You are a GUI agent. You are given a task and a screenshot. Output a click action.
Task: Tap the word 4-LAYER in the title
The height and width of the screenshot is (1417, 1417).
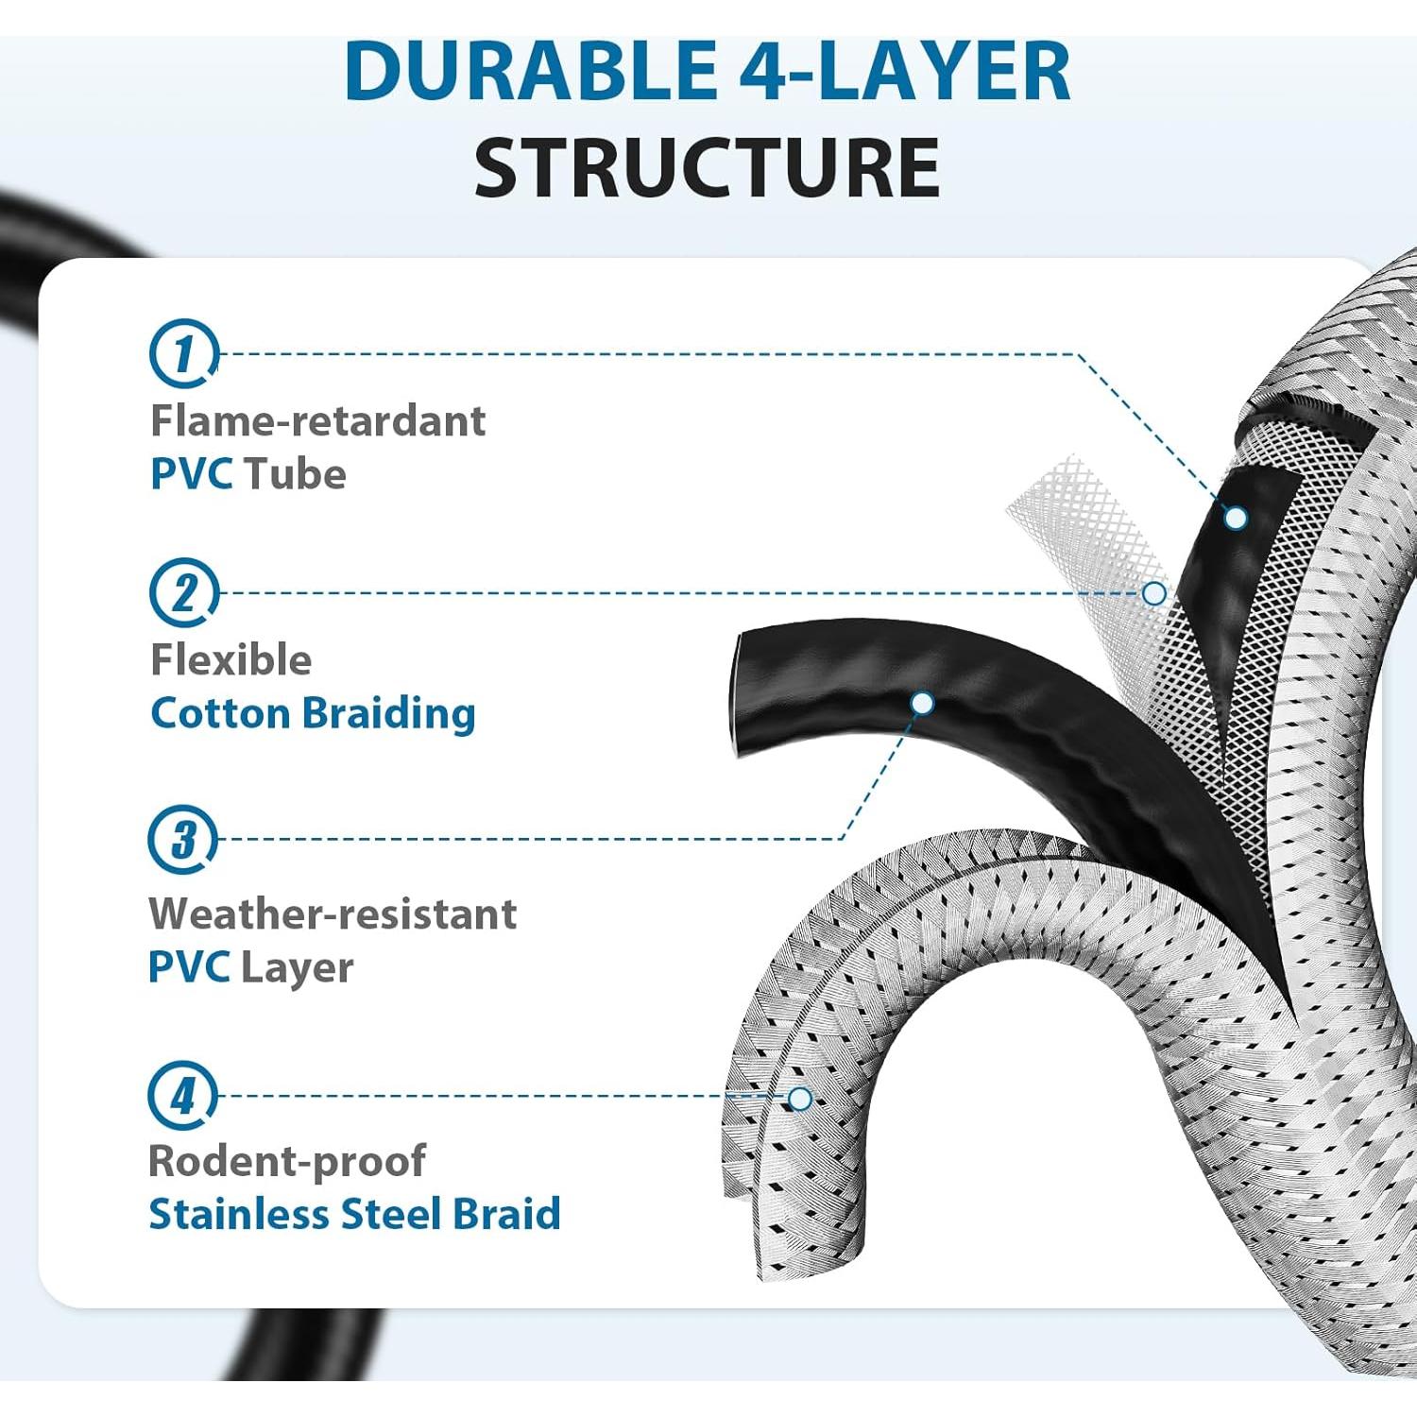[x=904, y=71]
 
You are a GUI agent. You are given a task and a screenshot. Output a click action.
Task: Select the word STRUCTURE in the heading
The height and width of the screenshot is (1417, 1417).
[x=707, y=167]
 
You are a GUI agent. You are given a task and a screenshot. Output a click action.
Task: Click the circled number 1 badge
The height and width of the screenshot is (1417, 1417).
[x=183, y=353]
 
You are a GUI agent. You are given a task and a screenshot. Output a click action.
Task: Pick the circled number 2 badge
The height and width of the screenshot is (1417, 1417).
[x=183, y=592]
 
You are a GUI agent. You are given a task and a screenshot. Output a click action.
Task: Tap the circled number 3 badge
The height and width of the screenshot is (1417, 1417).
[x=182, y=839]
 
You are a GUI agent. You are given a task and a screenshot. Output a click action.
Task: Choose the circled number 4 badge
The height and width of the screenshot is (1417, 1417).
[x=182, y=1096]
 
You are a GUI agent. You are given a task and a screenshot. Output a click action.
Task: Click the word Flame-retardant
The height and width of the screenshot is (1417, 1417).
[x=317, y=421]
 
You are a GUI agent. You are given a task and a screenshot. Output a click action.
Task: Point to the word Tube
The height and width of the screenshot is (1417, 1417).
[x=295, y=474]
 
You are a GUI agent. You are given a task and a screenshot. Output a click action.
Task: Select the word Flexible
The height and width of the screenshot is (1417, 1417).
[x=230, y=660]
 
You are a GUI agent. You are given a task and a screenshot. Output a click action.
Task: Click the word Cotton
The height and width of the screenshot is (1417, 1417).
[x=220, y=713]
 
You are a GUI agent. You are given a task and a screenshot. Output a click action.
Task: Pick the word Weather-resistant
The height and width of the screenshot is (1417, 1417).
[x=333, y=914]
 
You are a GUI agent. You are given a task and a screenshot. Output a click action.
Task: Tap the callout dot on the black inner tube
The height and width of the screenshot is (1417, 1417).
[x=1236, y=518]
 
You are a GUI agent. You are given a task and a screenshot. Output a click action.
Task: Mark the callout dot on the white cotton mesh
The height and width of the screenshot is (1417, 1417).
[x=1153, y=593]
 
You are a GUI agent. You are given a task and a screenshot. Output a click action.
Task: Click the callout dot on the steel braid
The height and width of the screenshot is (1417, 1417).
[x=800, y=1099]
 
